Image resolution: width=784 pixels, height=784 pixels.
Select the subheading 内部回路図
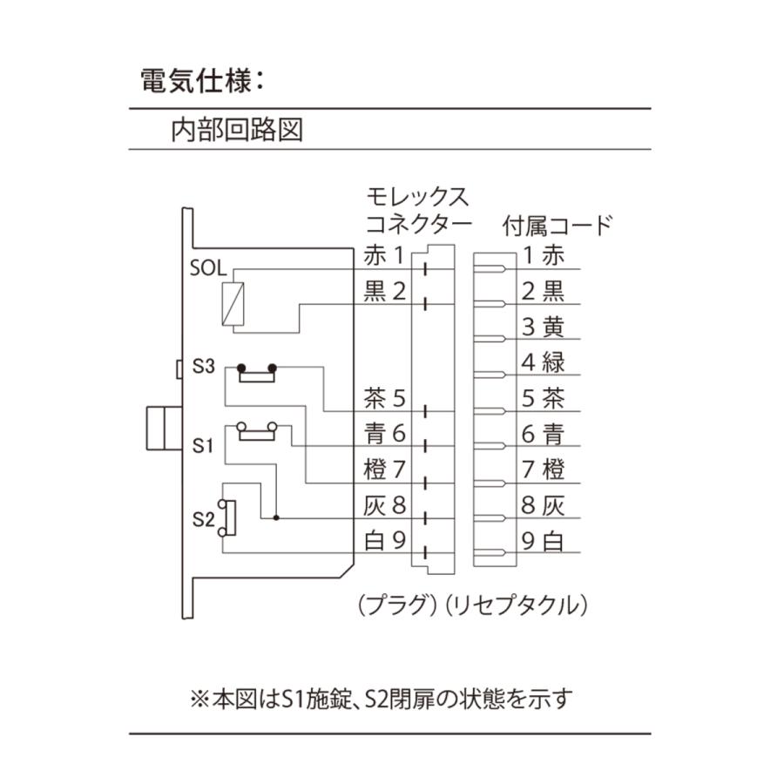pyautogui.click(x=236, y=130)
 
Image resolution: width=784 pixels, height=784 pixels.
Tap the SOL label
pyautogui.click(x=208, y=267)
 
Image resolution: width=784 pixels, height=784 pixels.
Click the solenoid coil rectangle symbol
pyautogui.click(x=233, y=303)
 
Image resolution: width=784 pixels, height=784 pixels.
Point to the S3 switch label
pyautogui.click(x=203, y=367)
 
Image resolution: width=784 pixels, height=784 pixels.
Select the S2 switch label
pyautogui.click(x=203, y=519)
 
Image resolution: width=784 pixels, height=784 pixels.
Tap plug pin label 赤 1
pyautogui.click(x=384, y=256)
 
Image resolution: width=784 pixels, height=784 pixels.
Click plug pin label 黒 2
pyautogui.click(x=384, y=291)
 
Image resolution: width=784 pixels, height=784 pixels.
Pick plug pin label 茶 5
pyautogui.click(x=384, y=399)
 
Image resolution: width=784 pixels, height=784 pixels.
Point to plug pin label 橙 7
pyautogui.click(x=384, y=470)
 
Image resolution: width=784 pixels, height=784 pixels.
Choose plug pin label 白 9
pyautogui.click(x=384, y=541)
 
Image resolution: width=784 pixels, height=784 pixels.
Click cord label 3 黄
pyautogui.click(x=543, y=327)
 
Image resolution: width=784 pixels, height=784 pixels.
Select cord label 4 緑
pyautogui.click(x=543, y=362)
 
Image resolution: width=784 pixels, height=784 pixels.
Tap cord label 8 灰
pyautogui.click(x=543, y=505)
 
